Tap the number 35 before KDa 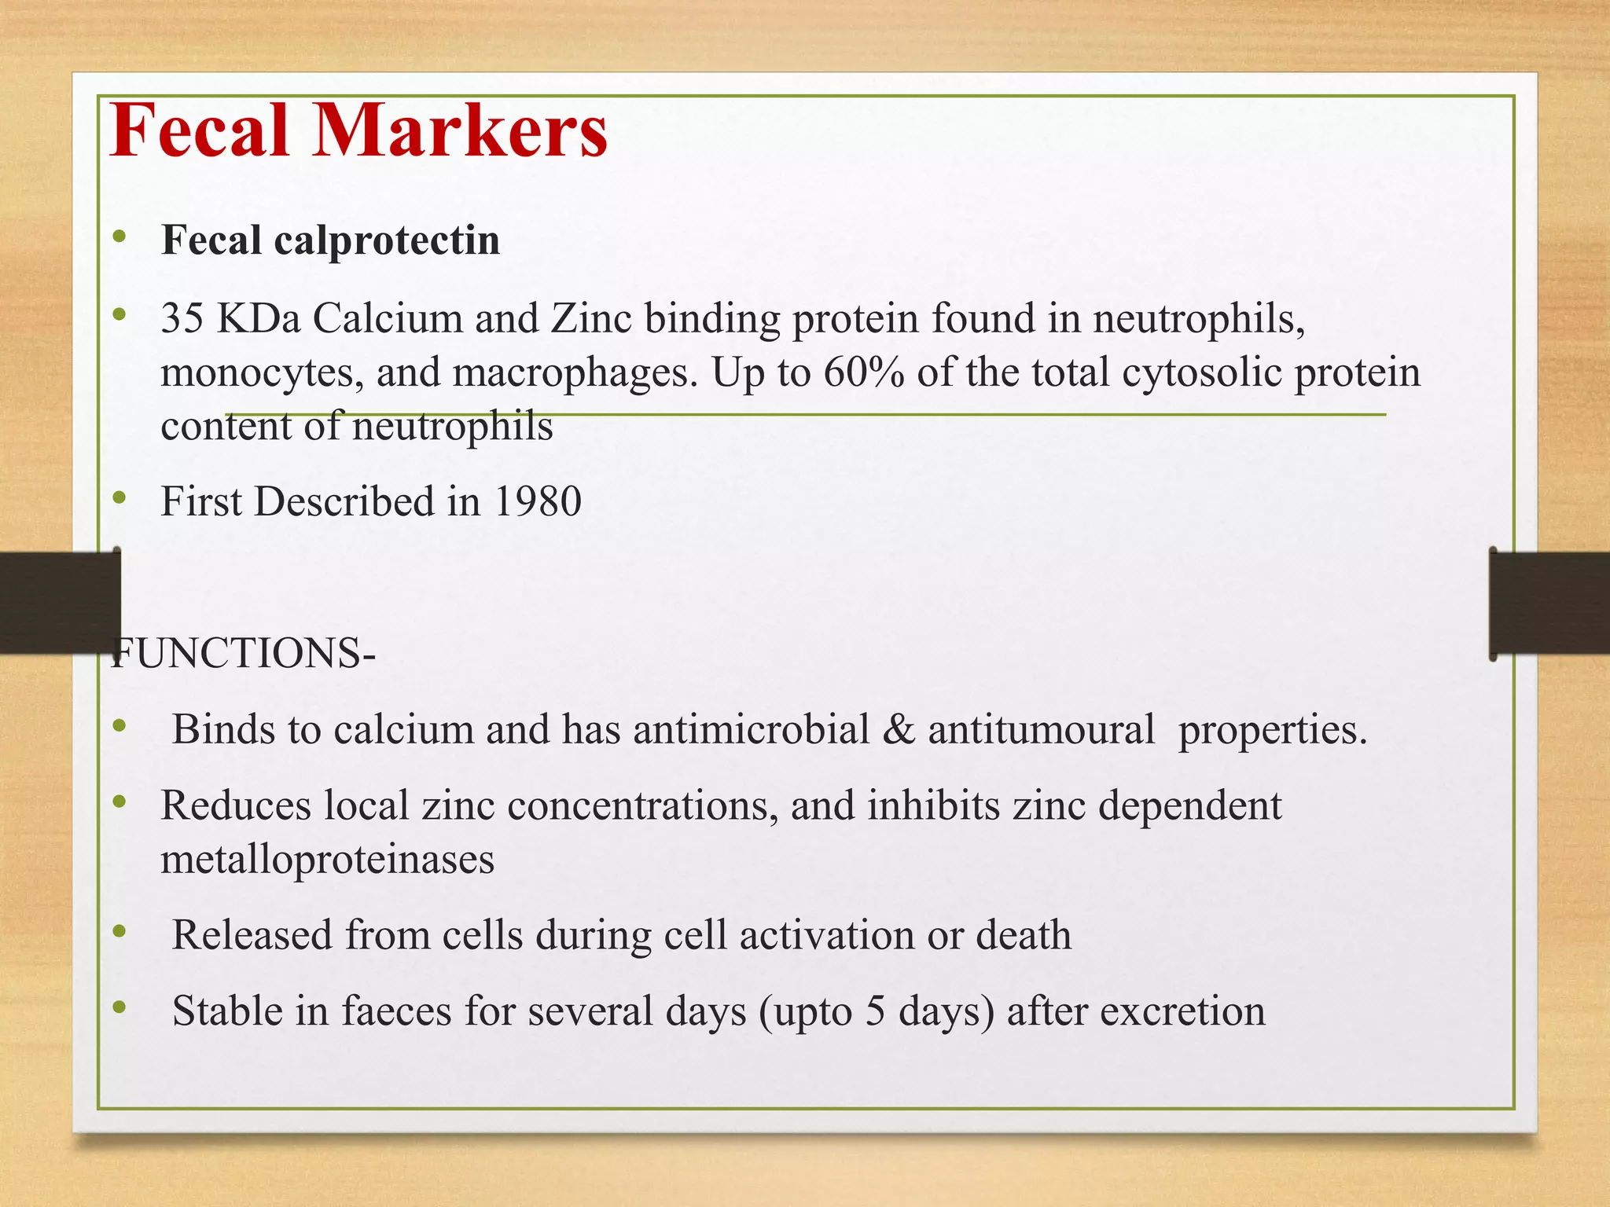(182, 319)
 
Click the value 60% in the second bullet (864, 372)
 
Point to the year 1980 (538, 501)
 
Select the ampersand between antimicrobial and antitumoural (899, 729)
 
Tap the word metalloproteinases (328, 859)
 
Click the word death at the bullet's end (1024, 935)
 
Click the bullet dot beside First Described (119, 497)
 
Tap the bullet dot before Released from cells (119, 931)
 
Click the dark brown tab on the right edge (1549, 603)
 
